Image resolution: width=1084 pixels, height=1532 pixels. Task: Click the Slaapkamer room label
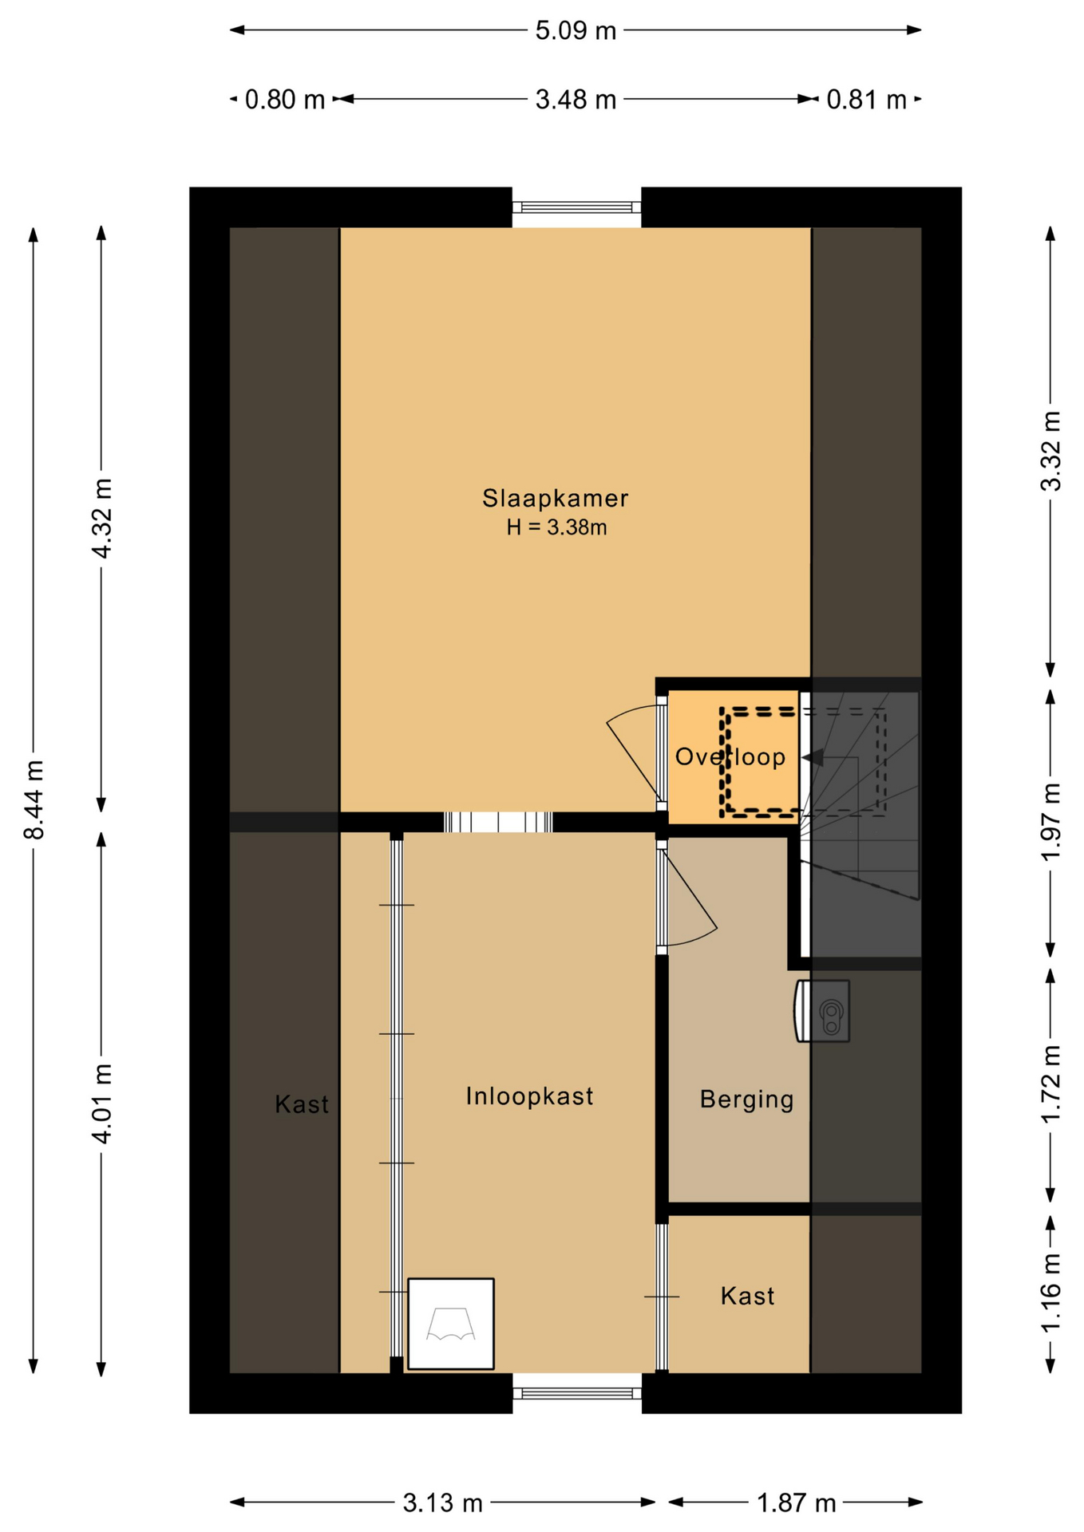555,499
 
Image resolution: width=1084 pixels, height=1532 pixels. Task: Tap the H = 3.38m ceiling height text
556,527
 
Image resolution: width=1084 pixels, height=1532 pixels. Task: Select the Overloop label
730,756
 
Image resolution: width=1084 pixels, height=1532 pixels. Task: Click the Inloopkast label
529,1096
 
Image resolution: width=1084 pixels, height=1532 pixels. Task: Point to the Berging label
746,1100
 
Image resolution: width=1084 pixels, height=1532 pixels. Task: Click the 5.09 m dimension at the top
576,31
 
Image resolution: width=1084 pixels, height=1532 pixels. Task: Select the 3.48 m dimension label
576,100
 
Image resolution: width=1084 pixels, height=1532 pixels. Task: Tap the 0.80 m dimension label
285,100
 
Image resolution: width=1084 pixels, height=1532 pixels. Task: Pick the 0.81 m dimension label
866,100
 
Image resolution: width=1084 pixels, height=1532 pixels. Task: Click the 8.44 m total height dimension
34,800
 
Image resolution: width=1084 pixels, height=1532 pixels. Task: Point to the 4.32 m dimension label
102,519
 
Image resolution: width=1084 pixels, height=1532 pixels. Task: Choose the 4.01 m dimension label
102,1104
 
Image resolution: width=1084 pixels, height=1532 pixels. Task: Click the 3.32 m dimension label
1051,451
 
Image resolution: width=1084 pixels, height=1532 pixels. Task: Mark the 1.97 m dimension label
1051,821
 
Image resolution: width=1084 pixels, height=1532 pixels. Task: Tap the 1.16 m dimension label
1051,1293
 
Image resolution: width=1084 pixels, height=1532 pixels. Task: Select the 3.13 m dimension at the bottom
442,1504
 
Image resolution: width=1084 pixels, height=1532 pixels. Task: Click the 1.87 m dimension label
796,1504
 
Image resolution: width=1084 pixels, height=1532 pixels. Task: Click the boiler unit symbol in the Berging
822,1011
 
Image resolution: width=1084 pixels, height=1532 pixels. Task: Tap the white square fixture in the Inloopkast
451,1324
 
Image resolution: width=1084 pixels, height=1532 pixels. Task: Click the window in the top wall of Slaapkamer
576,207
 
